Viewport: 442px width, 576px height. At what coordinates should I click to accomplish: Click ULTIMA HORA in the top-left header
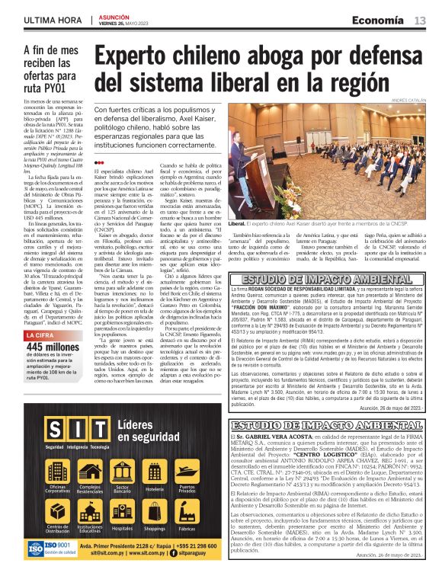(x=50, y=19)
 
